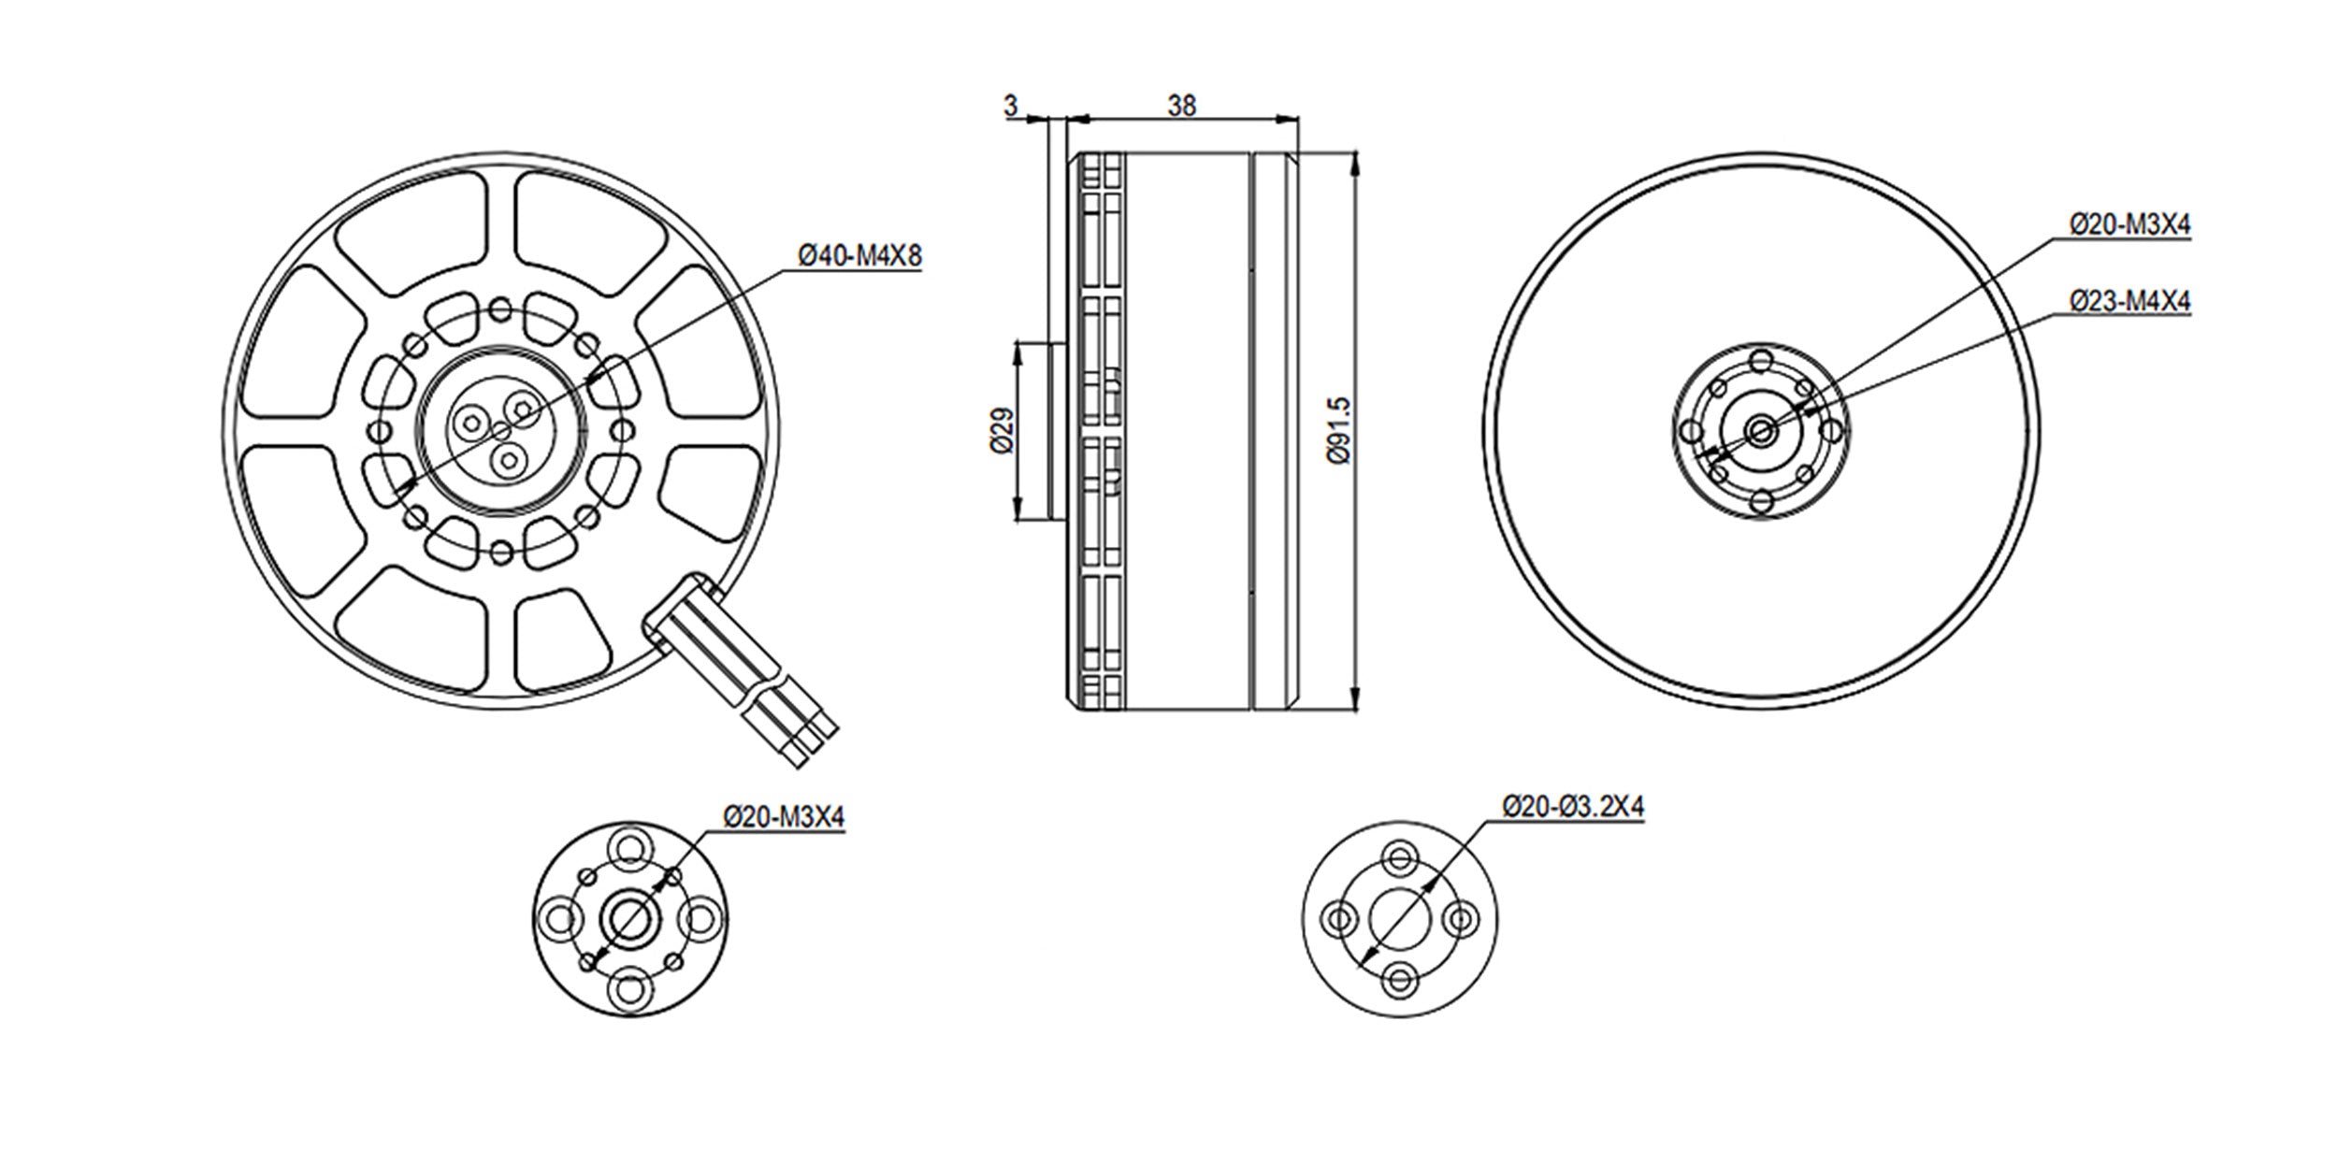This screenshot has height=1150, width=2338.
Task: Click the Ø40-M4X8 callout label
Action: pos(859,255)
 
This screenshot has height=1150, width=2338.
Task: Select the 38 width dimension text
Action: pos(1181,107)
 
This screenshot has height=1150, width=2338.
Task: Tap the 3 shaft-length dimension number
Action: pos(1011,107)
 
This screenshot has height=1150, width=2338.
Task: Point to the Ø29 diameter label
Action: pos(1001,431)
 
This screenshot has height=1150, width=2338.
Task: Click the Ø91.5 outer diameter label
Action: pos(1339,431)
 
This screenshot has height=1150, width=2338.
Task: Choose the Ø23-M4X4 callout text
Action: pos(2129,301)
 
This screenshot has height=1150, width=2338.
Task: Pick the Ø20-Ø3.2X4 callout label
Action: pos(1573,806)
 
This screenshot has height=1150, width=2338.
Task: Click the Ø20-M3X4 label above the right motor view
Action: pos(2129,225)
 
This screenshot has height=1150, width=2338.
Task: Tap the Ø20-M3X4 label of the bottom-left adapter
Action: pos(784,817)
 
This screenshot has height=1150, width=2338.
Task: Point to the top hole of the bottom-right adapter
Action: pos(1399,857)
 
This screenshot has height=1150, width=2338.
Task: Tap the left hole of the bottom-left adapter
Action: pos(561,919)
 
